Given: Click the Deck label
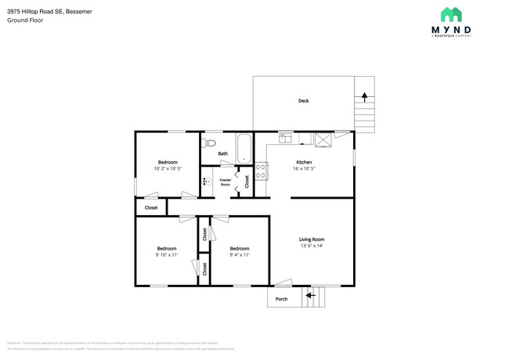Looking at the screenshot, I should [x=303, y=101].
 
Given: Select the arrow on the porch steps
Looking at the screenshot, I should [x=309, y=296].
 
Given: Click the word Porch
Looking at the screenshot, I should [x=281, y=299].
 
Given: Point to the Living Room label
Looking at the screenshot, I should [x=311, y=239].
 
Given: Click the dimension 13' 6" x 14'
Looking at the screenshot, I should [x=311, y=247].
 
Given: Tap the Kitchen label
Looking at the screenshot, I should [x=304, y=161].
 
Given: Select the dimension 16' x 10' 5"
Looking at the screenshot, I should [x=304, y=168].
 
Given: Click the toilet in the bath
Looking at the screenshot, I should [x=208, y=143].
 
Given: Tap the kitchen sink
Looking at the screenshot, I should [x=286, y=139].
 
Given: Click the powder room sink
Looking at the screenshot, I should [x=206, y=182].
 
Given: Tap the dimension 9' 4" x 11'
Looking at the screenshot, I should [x=239, y=255].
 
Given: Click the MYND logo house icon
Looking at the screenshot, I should [x=450, y=15].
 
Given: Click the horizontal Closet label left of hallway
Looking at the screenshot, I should [x=151, y=207].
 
